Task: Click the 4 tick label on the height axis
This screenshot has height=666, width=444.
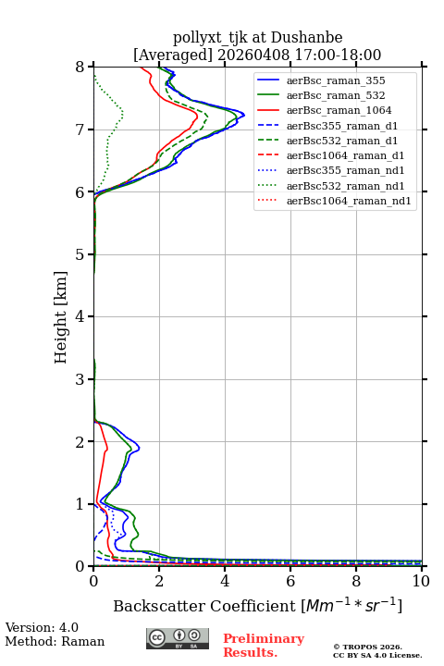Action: (x=80, y=316)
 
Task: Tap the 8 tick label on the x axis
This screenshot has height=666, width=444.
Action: (x=356, y=581)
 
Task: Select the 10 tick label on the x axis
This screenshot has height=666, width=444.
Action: (x=421, y=581)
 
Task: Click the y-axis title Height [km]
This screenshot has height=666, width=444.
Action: (x=61, y=317)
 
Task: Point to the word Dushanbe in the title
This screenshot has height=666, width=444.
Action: (x=306, y=37)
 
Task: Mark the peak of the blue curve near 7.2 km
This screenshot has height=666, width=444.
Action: (x=244, y=115)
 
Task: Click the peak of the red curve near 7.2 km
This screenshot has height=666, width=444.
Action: (x=198, y=115)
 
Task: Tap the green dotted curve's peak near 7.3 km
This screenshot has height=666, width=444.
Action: (x=123, y=113)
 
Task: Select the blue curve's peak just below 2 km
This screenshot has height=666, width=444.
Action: (x=139, y=448)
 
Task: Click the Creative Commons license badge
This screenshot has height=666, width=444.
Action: (x=178, y=638)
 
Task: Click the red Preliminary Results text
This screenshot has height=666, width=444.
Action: (x=264, y=646)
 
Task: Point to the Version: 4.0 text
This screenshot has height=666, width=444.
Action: (x=42, y=627)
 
